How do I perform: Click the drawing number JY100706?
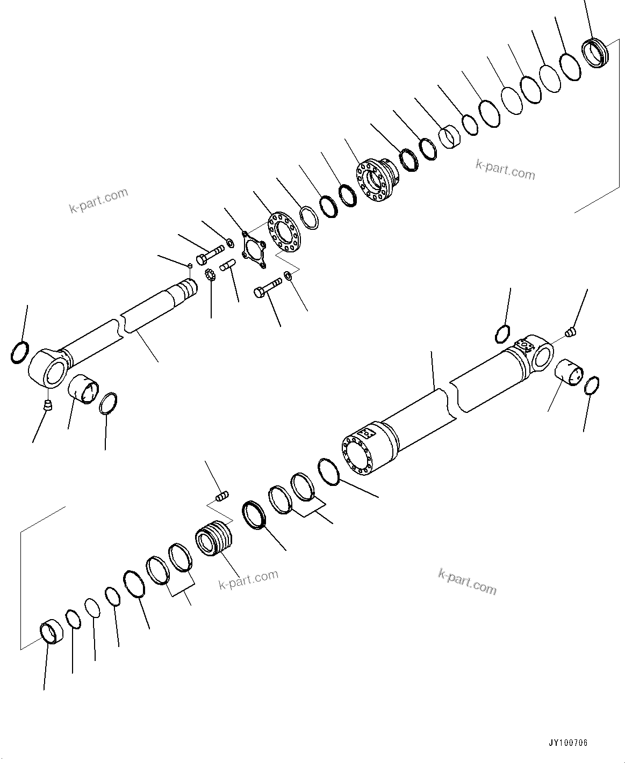point(567,743)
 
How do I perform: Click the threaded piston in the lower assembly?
point(213,539)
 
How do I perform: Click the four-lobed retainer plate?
point(253,250)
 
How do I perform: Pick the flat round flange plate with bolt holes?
point(283,232)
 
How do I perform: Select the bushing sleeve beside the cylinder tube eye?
point(568,372)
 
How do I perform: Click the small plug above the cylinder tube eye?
point(572,333)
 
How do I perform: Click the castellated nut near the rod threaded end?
point(210,276)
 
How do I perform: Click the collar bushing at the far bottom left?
point(52,631)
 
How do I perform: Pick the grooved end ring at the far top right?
point(595,53)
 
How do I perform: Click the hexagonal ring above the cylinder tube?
point(501,334)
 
